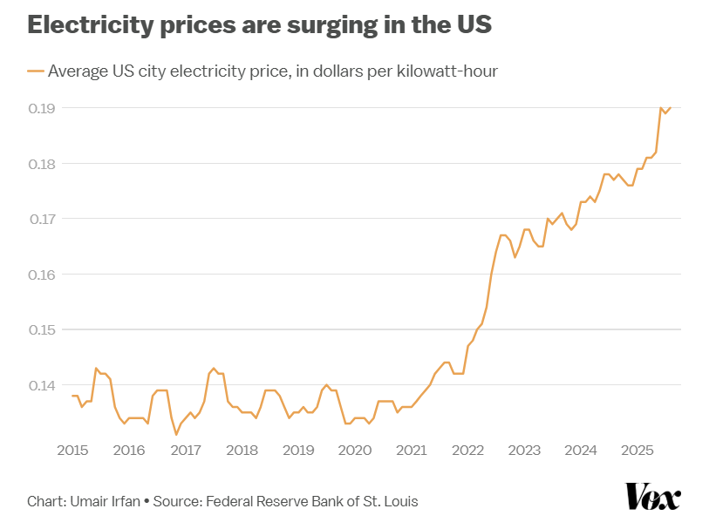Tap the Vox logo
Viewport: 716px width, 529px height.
pos(652,497)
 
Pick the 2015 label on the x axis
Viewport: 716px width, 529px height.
pos(72,450)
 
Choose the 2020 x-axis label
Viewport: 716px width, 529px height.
pos(355,450)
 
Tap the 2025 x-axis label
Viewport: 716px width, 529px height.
pos(638,450)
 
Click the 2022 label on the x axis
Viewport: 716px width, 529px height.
pos(468,450)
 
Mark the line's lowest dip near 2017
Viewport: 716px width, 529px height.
pos(176,434)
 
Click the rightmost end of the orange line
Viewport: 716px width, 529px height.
pos(671,108)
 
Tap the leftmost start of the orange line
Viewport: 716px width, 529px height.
pos(72,396)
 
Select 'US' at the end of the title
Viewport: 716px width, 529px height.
pos(474,25)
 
